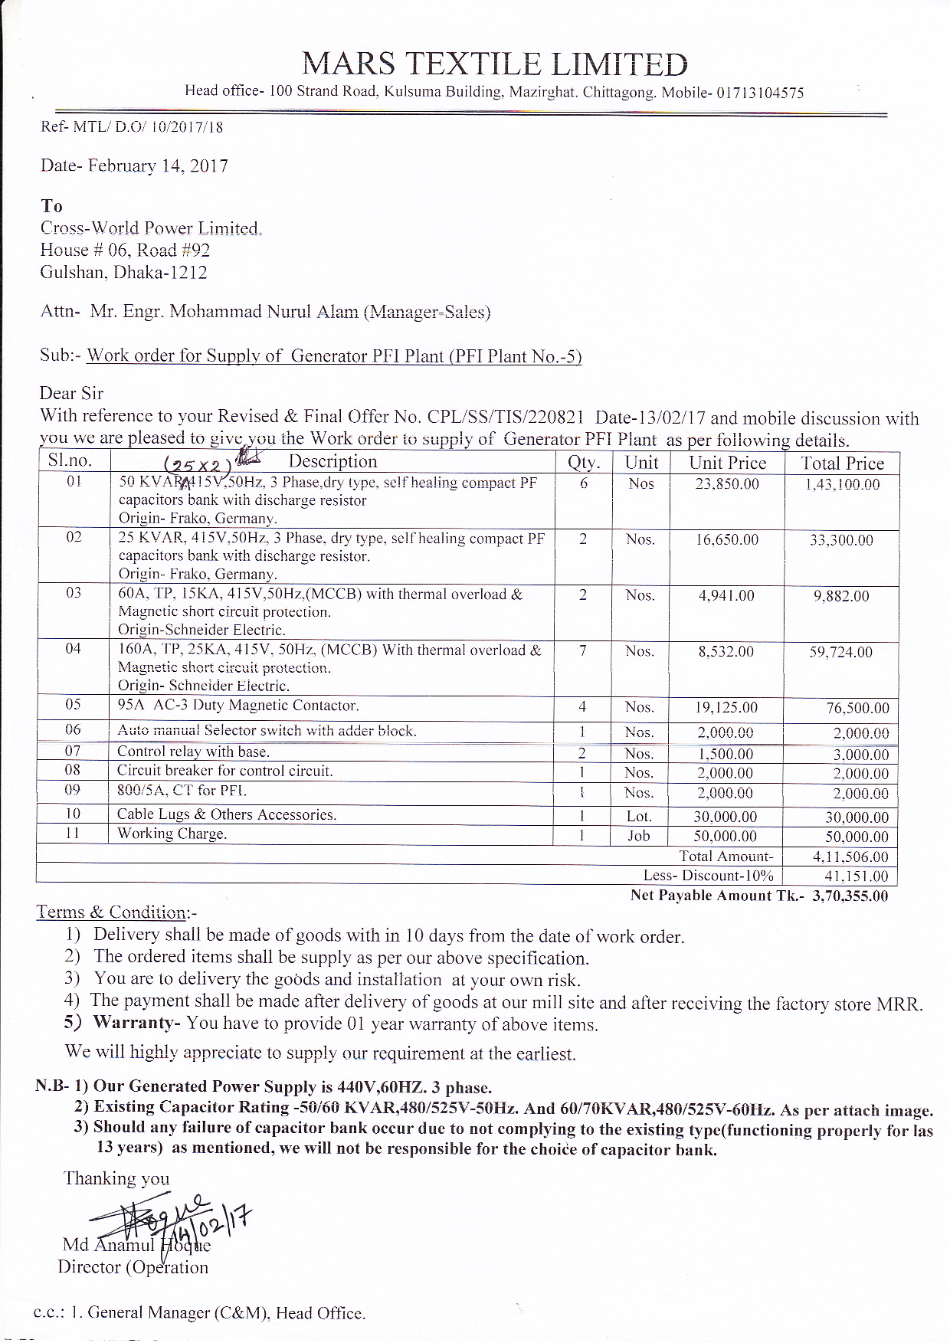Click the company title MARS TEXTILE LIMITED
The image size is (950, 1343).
pos(494,64)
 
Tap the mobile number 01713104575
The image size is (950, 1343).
pos(760,93)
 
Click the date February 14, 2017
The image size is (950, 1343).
pos(158,166)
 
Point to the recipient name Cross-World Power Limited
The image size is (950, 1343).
pos(151,228)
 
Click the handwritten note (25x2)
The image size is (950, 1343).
pos(198,464)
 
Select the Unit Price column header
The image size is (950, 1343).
pos(727,463)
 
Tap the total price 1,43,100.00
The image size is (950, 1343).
pos(842,484)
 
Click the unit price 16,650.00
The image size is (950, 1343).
pos(727,540)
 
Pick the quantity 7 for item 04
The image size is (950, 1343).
pos(583,650)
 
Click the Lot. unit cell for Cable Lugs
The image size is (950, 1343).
pos(639,817)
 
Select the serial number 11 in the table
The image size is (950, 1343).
pos(72,834)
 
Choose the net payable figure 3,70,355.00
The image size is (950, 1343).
pos(850,896)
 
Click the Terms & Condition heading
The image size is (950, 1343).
pos(116,912)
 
